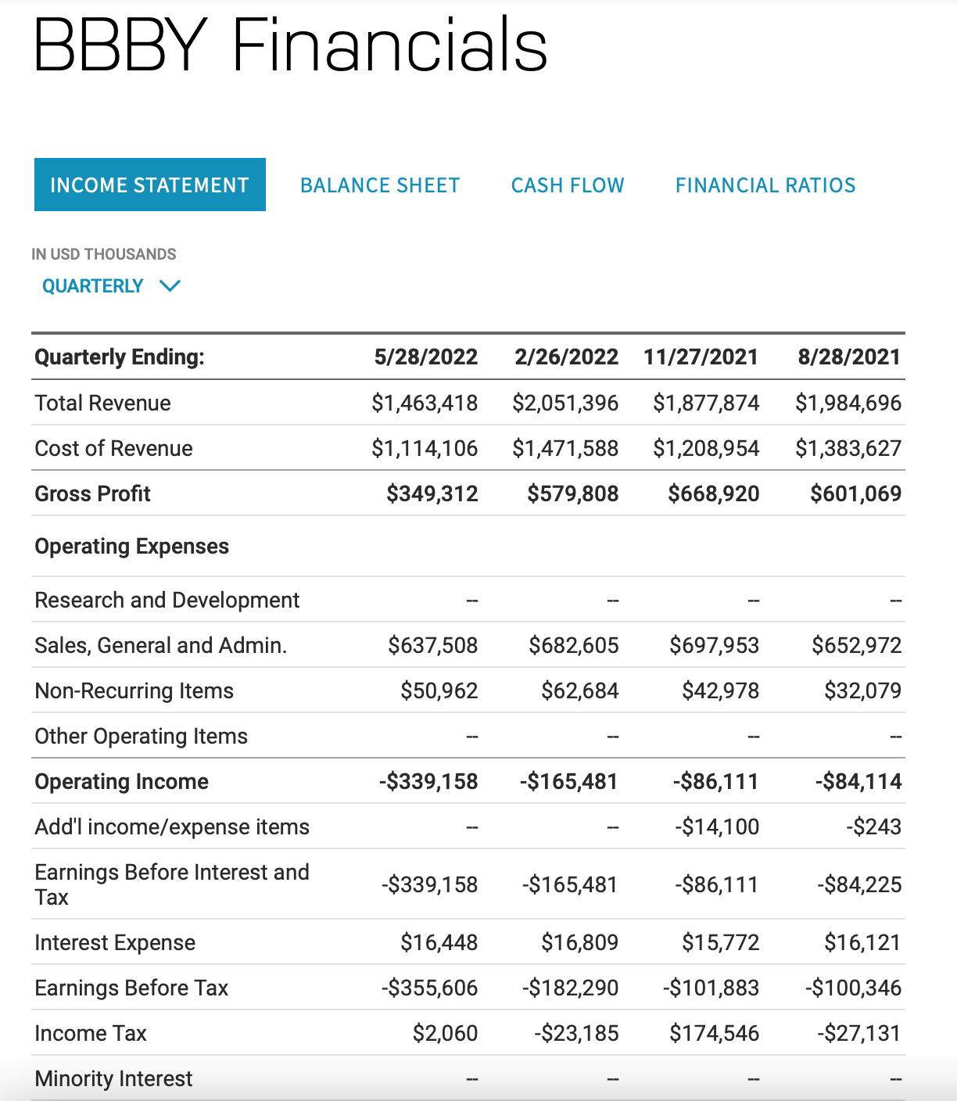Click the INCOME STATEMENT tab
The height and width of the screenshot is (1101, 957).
point(149,185)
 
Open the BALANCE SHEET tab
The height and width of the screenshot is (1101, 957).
point(380,185)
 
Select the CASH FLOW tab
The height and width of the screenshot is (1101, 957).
point(568,185)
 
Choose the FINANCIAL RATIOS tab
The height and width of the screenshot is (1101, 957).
point(765,185)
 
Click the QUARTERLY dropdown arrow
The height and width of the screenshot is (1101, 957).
point(170,286)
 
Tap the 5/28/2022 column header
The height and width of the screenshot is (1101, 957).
point(425,357)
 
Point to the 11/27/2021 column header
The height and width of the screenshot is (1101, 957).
point(701,357)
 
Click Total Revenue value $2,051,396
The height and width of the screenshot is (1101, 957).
point(565,403)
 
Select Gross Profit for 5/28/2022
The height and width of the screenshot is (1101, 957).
point(432,494)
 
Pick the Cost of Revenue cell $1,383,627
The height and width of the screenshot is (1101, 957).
point(848,449)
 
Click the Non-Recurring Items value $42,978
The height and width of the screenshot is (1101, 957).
point(720,691)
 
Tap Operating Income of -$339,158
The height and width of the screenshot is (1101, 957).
point(428,782)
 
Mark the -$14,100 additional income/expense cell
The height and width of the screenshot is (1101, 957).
point(717,827)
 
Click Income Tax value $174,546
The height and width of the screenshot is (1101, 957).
point(714,1034)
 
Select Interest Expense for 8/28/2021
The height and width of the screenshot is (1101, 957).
point(862,943)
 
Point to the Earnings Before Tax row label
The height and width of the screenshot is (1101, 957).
point(131,988)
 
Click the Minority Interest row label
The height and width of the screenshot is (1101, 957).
point(113,1079)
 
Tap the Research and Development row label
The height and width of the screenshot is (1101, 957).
point(167,601)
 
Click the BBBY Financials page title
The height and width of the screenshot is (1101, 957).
point(290,45)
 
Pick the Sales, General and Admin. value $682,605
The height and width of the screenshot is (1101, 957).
point(573,646)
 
